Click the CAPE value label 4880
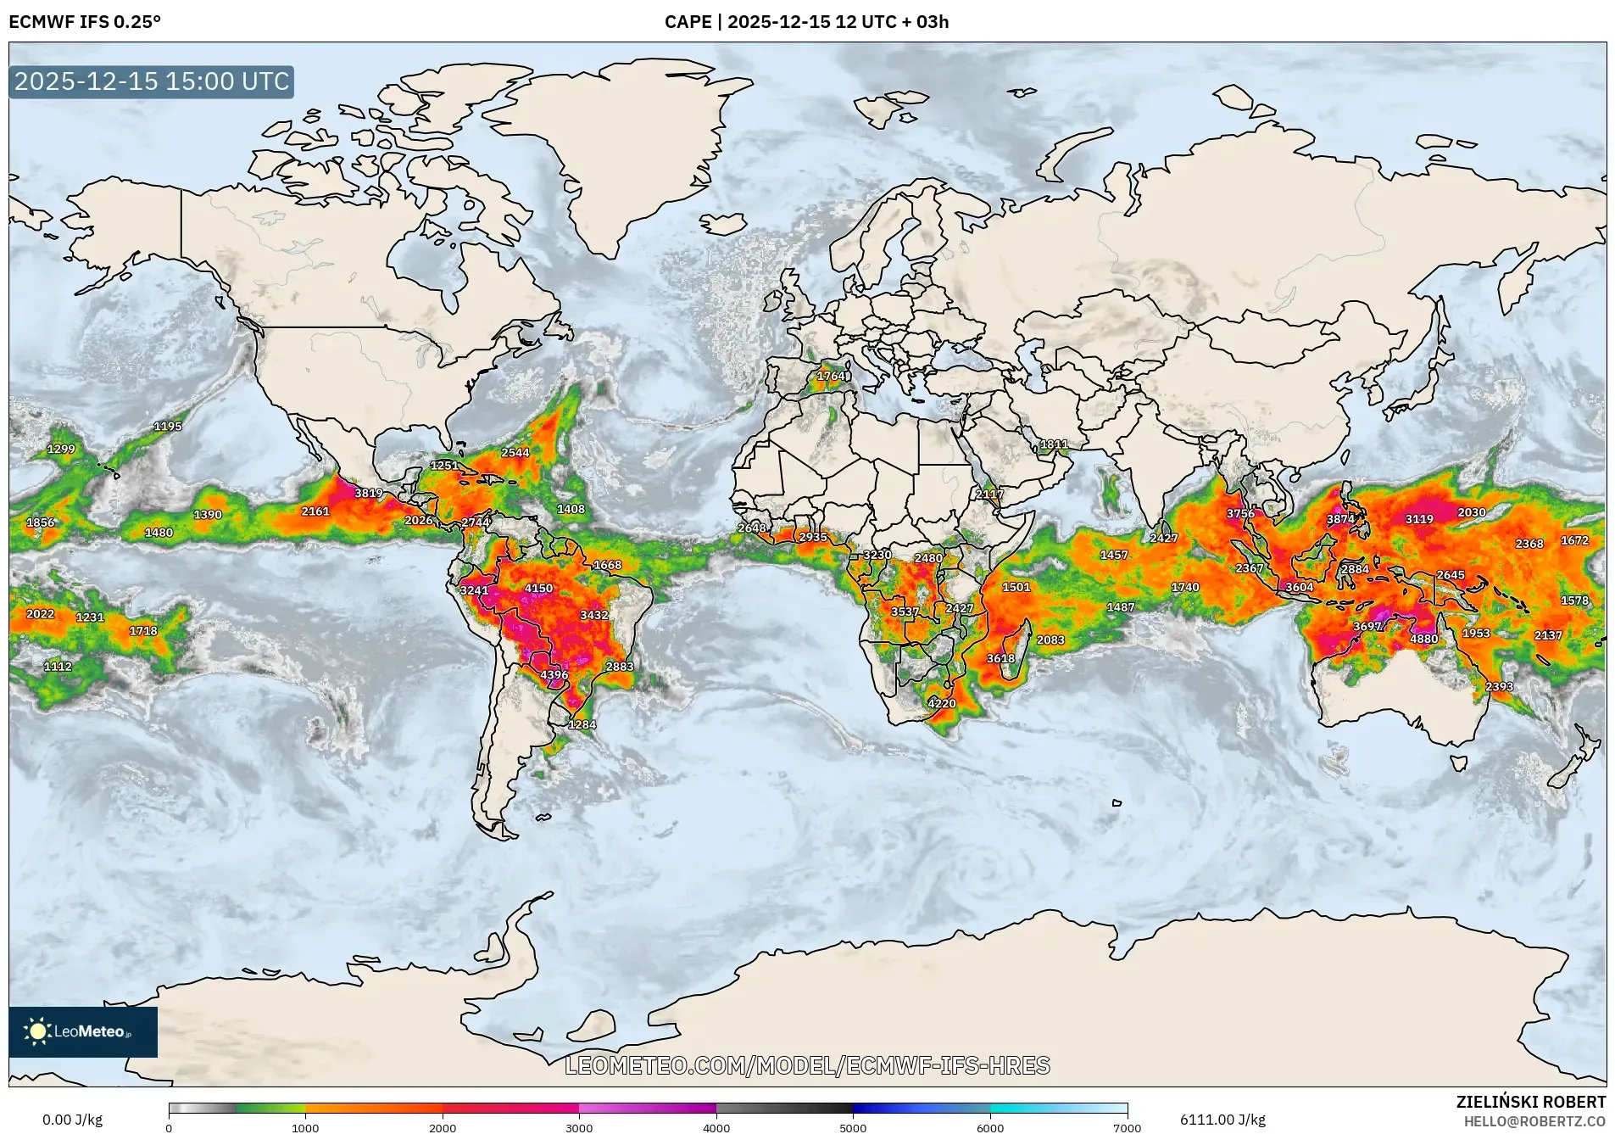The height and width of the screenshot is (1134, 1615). (1423, 639)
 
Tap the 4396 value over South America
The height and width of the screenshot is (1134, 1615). (554, 675)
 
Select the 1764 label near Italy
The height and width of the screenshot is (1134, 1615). (831, 376)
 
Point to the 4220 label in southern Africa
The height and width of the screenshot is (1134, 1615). (941, 703)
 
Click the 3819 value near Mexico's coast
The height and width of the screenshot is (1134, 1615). (368, 493)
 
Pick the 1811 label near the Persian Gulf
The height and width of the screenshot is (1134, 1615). (1054, 444)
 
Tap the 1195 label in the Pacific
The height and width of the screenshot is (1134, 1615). (167, 426)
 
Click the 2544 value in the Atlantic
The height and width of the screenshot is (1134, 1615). (515, 452)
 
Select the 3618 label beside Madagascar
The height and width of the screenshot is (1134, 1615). (1000, 658)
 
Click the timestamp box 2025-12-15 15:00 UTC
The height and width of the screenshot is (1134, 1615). (152, 81)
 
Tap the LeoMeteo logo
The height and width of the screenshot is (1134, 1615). (82, 1031)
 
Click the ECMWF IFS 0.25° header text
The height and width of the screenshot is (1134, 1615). (84, 22)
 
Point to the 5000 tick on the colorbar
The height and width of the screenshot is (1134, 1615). (853, 1127)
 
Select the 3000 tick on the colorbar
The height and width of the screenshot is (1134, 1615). (579, 1127)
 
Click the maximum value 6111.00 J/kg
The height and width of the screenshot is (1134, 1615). (1222, 1120)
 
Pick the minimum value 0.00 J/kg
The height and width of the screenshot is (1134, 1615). (72, 1120)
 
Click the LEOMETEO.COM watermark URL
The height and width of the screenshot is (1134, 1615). (807, 1065)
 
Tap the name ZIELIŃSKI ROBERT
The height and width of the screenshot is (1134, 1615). (1530, 1102)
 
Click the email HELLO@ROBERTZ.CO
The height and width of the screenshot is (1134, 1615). (1534, 1121)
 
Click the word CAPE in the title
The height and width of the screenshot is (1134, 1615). (688, 22)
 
